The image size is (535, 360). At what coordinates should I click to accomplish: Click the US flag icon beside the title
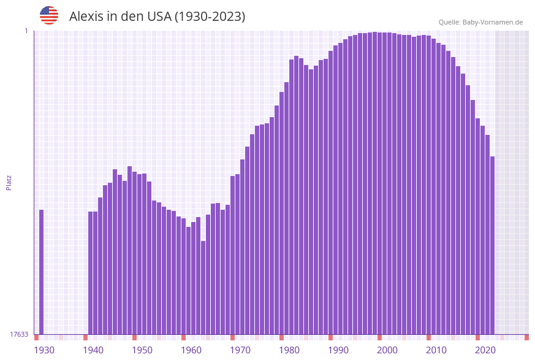click(x=49, y=15)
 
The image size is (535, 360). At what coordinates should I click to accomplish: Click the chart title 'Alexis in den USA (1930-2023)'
click(x=157, y=17)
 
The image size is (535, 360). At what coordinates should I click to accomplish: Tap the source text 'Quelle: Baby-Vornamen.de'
click(x=480, y=22)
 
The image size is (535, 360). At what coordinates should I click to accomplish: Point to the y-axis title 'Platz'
click(x=9, y=182)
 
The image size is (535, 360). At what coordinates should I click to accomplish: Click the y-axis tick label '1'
click(x=26, y=31)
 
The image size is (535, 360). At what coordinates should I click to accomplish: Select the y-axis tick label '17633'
click(x=19, y=334)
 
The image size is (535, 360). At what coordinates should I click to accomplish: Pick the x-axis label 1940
click(x=93, y=350)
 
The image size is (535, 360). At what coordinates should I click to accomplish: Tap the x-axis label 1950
click(x=142, y=350)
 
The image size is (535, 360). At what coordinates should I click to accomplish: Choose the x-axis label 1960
click(x=191, y=350)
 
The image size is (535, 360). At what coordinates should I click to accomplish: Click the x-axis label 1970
click(x=240, y=350)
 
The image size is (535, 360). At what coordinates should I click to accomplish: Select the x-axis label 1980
click(x=289, y=350)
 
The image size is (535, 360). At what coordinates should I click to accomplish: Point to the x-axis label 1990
click(x=338, y=350)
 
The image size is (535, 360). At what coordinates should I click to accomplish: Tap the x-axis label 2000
click(x=387, y=350)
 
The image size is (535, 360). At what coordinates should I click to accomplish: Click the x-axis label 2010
click(x=436, y=350)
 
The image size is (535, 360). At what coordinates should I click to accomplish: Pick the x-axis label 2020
click(x=485, y=350)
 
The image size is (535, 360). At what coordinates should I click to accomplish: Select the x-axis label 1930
click(x=44, y=350)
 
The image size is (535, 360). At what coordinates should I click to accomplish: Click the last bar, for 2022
click(x=492, y=245)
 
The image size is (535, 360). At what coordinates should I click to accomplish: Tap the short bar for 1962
click(x=203, y=288)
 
